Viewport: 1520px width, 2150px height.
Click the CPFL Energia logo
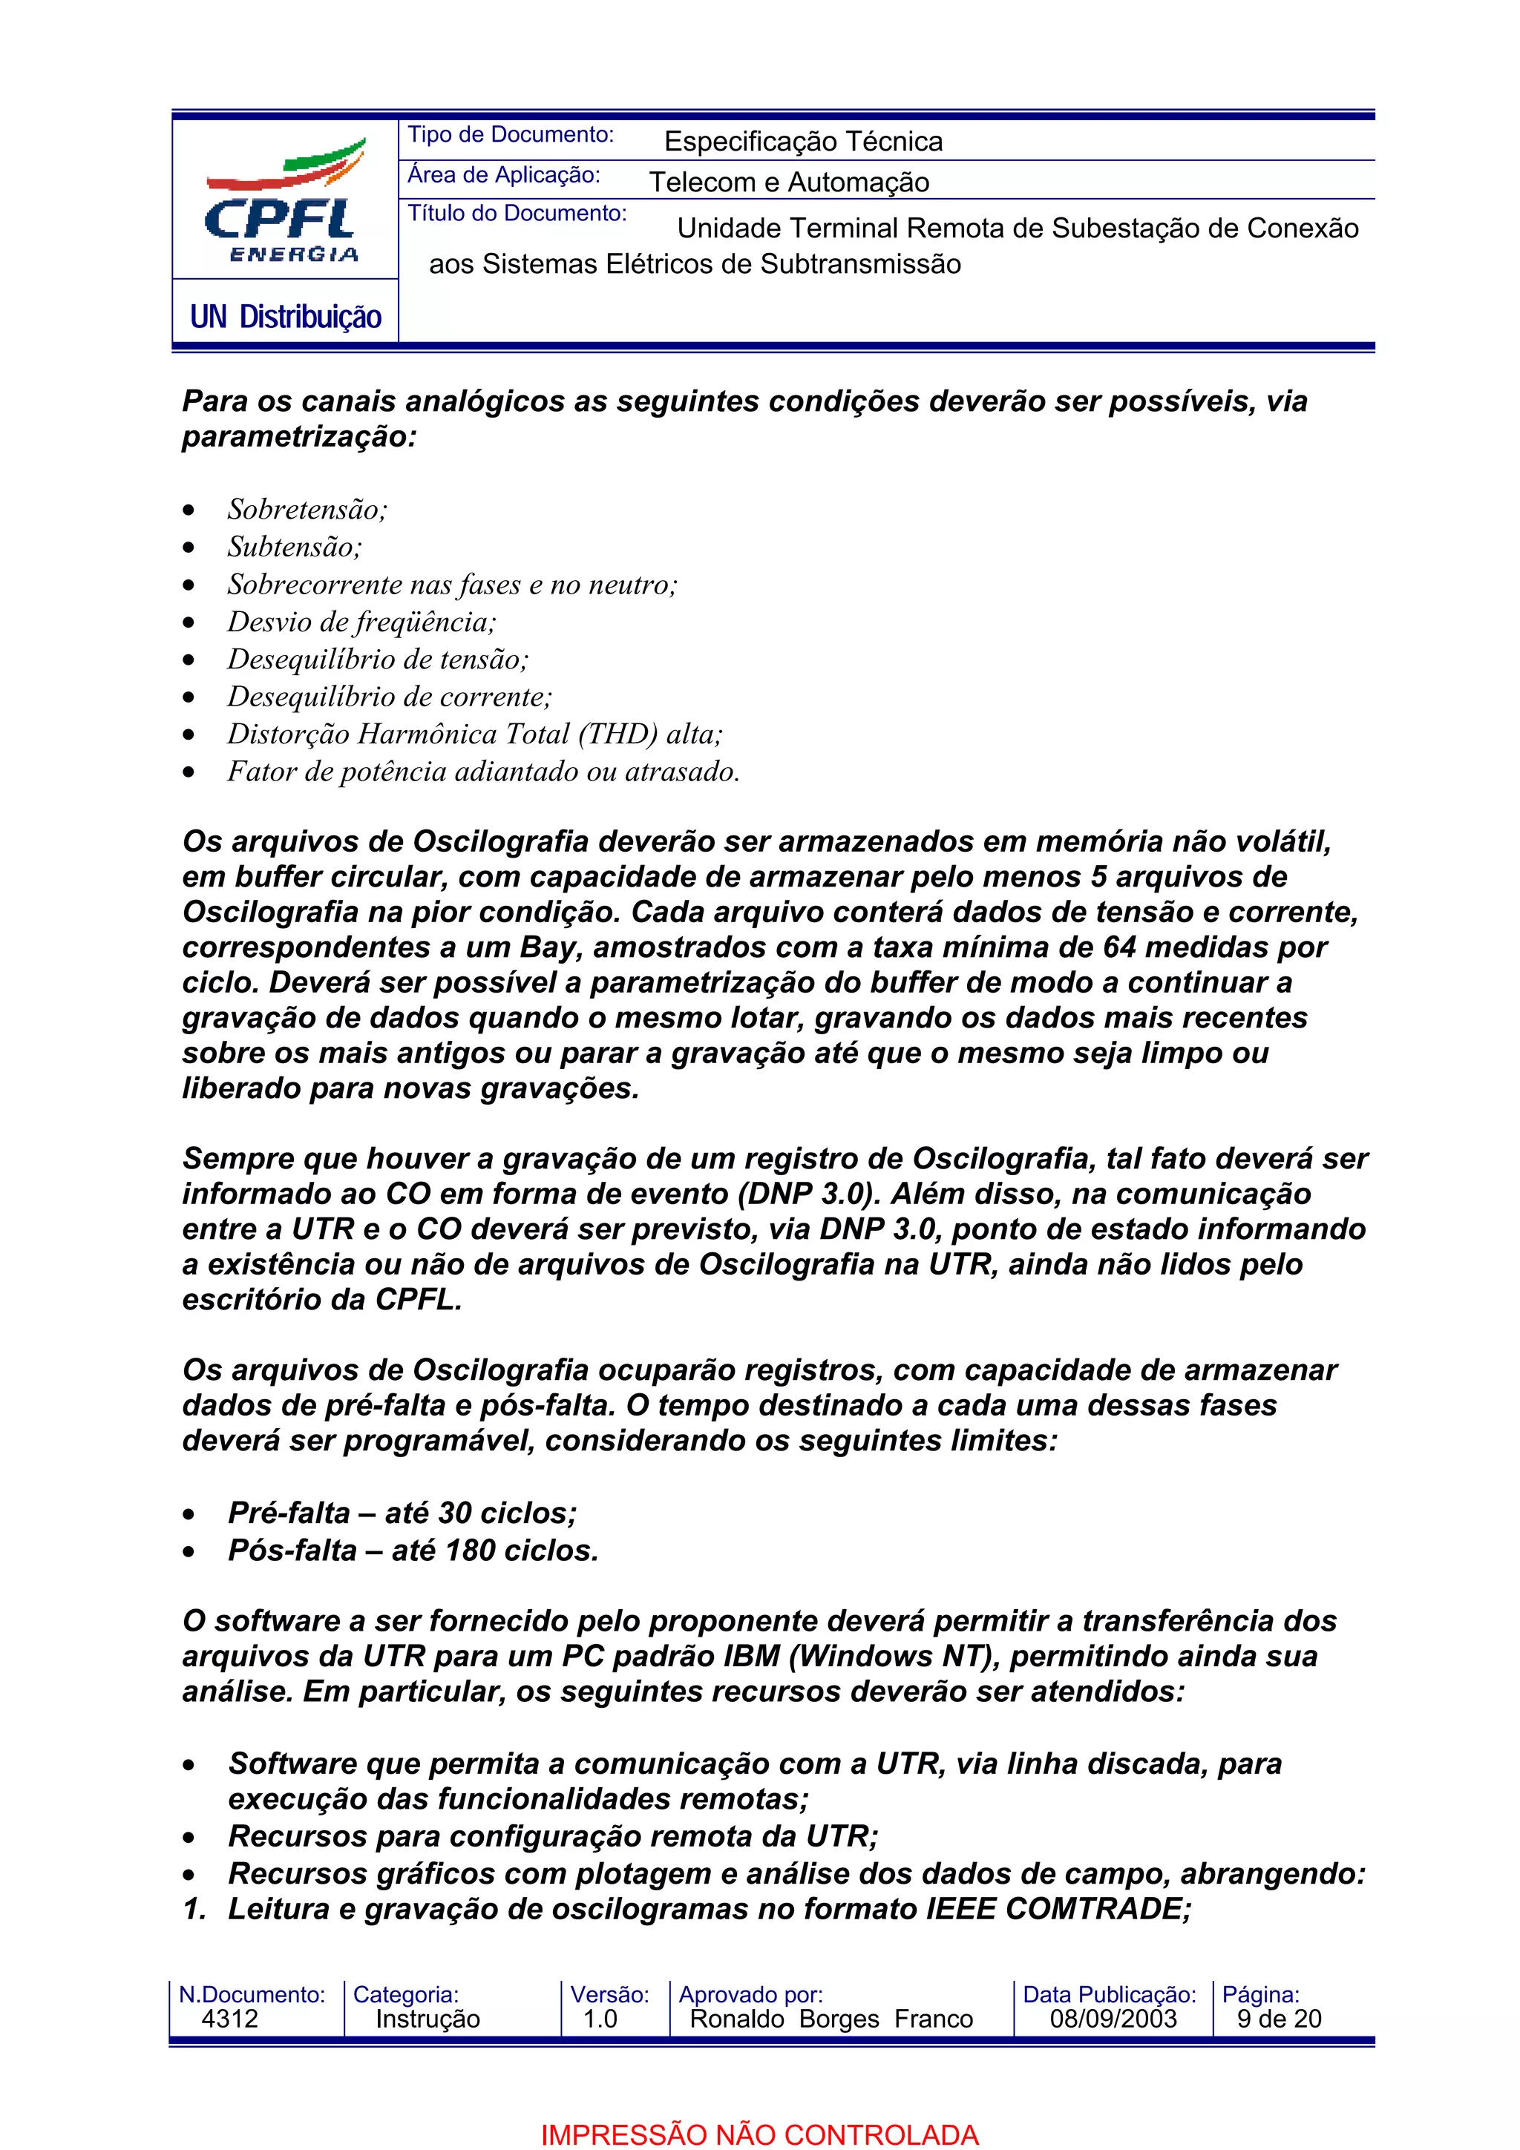pos(284,200)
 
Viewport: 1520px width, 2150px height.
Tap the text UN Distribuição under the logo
pos(286,318)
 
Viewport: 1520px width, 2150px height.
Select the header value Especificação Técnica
pos(802,142)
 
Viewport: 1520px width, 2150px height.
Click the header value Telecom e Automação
pos(788,182)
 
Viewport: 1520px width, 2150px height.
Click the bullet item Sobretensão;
pos(307,510)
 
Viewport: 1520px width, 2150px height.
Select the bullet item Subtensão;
pos(294,547)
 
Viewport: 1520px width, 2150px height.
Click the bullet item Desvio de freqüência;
pos(361,622)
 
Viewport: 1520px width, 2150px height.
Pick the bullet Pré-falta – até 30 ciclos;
pos(403,1513)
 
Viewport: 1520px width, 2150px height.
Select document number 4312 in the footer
pos(229,2019)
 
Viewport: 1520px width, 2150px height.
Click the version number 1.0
pos(600,2019)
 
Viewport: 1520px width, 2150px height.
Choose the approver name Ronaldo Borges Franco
pos(831,2019)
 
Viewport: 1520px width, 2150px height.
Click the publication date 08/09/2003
pos(1113,2019)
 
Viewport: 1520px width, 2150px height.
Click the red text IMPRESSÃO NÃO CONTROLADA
pos(759,2135)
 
